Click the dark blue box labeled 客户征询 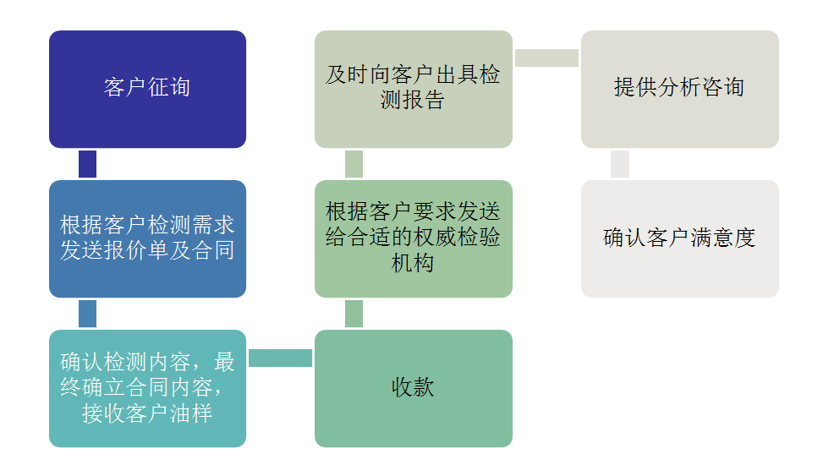(147, 90)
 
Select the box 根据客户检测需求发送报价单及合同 (147, 238)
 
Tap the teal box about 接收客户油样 (147, 388)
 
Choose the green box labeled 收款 (414, 388)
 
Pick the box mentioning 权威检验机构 (414, 238)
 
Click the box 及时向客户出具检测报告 (414, 90)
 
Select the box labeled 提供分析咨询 (680, 90)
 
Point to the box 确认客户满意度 (680, 238)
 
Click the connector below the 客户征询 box (88, 164)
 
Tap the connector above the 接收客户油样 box (88, 314)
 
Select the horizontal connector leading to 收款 (280, 358)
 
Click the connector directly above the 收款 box (354, 314)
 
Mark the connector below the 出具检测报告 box (354, 164)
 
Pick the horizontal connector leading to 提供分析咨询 (547, 57)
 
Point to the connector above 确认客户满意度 (620, 164)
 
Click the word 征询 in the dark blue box (169, 87)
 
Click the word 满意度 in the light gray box (723, 238)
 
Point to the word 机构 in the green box (413, 263)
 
